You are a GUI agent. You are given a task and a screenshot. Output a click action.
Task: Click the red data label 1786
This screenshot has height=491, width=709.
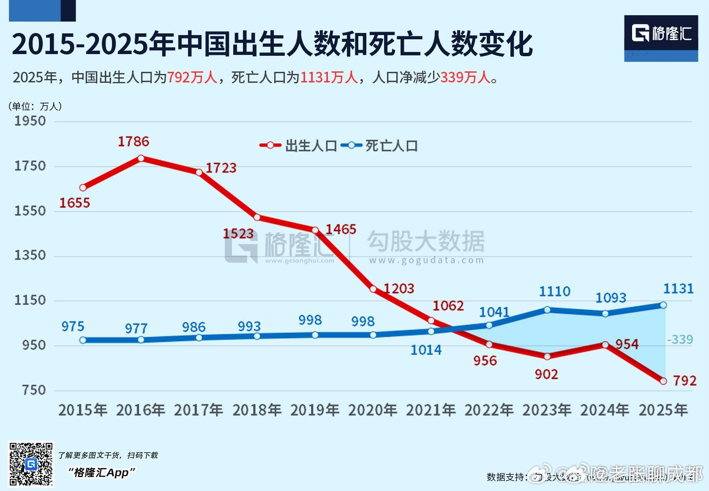point(133,141)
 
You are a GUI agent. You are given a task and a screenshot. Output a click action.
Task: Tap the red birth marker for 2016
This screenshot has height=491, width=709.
point(141,158)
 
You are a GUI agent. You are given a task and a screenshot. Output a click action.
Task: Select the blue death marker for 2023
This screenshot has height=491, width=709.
point(547,310)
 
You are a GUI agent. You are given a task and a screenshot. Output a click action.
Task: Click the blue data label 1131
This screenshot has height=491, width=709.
point(678,289)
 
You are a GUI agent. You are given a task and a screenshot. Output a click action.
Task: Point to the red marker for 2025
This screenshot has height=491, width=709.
point(663,381)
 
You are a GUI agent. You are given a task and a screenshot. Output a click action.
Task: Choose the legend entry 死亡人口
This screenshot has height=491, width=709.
point(380,146)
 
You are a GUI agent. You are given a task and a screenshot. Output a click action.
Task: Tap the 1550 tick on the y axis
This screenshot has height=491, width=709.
point(30,211)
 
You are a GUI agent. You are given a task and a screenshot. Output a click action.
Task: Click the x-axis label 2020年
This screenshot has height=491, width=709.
point(372,410)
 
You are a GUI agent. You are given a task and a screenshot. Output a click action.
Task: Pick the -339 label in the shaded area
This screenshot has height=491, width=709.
point(680,339)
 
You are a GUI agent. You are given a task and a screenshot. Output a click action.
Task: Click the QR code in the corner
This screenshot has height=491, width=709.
point(31,464)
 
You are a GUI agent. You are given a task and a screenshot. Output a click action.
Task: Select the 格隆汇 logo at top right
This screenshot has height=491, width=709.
point(661,34)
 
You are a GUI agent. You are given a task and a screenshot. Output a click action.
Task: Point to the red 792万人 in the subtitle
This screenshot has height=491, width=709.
point(192,77)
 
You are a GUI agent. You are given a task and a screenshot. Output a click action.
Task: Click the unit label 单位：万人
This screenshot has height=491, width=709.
point(35,106)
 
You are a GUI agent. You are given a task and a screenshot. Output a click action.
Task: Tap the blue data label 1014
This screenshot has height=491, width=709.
point(426,350)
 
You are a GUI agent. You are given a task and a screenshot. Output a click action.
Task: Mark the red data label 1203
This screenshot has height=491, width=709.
point(398,289)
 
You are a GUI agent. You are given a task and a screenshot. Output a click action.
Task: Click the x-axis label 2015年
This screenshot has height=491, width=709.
point(83,410)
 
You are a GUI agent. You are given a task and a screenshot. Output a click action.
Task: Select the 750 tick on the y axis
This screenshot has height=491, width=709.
point(34,390)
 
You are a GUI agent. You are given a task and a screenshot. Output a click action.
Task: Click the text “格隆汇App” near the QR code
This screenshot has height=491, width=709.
point(101,472)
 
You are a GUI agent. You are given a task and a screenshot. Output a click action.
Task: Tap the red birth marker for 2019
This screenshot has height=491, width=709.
point(315,230)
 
